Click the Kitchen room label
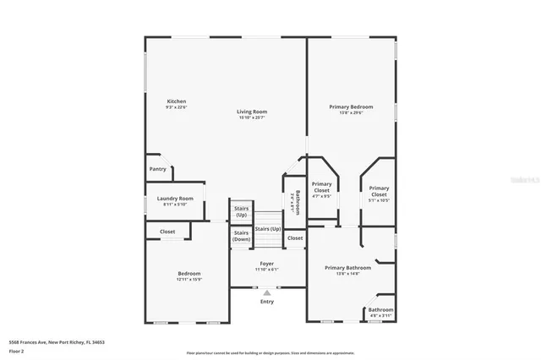click(x=176, y=101)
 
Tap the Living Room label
click(x=251, y=112)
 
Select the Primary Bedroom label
click(x=351, y=106)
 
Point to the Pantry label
click(x=157, y=169)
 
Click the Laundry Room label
click(x=175, y=199)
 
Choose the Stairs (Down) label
click(x=241, y=236)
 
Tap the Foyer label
click(x=266, y=264)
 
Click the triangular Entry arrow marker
click(x=267, y=292)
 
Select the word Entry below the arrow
click(x=267, y=302)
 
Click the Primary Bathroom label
click(x=347, y=268)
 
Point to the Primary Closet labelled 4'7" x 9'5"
click(x=321, y=187)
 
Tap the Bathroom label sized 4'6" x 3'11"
click(x=380, y=310)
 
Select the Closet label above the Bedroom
click(x=167, y=232)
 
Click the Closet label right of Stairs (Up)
click(x=294, y=238)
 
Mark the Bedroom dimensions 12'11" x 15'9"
click(x=189, y=280)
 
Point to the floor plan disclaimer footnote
click(x=270, y=353)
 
